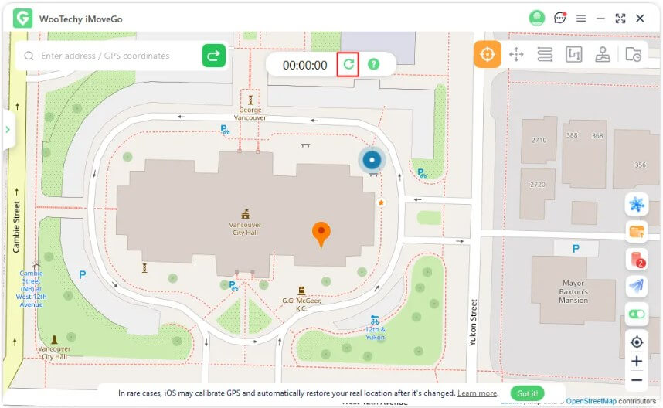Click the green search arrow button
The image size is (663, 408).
coord(214,56)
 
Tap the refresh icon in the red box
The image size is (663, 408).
coord(348,65)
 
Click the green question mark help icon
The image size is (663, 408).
coord(374,65)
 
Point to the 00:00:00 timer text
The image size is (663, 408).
coord(304,66)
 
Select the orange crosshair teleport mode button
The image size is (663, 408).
coord(488,54)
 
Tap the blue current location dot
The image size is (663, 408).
coord(372,160)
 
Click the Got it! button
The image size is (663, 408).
coord(527,393)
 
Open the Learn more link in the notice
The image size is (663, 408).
coord(477,393)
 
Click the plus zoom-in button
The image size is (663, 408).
coord(637,361)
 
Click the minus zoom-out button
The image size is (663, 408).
coord(637,380)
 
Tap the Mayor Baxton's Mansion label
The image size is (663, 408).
coord(573,292)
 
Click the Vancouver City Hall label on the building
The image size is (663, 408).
coord(245,228)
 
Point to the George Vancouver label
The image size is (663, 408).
coord(250,114)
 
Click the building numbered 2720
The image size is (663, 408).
coord(537,185)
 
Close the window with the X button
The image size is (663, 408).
coord(640,19)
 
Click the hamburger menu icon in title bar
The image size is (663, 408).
coord(581,19)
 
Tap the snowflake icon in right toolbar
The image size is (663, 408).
coord(637,205)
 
